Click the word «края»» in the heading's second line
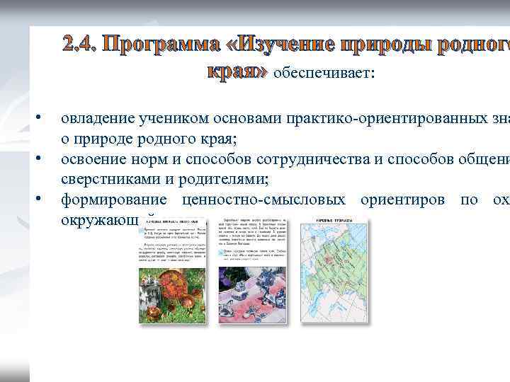click(237, 71)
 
